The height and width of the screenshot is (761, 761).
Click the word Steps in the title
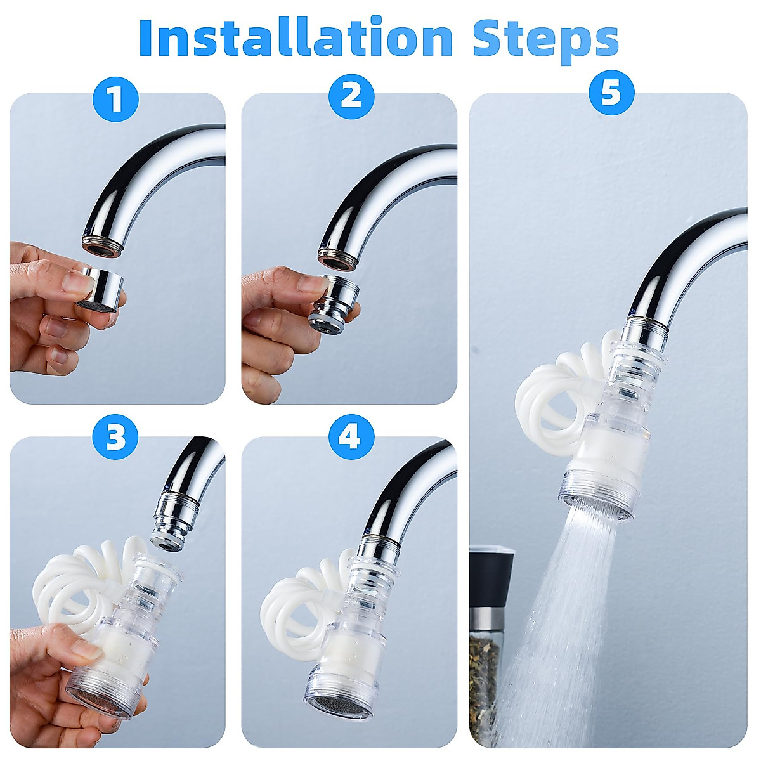(546, 40)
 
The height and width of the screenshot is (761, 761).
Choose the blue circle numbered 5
(611, 93)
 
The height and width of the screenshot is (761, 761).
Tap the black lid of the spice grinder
(491, 584)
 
